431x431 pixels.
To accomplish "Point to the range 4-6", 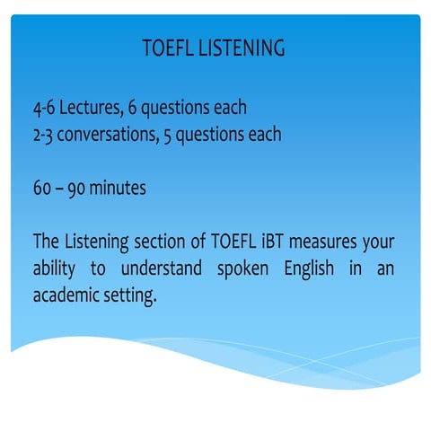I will click(43, 109).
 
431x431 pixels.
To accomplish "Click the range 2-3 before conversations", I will click(43, 136).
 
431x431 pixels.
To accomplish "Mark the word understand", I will click(164, 269).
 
